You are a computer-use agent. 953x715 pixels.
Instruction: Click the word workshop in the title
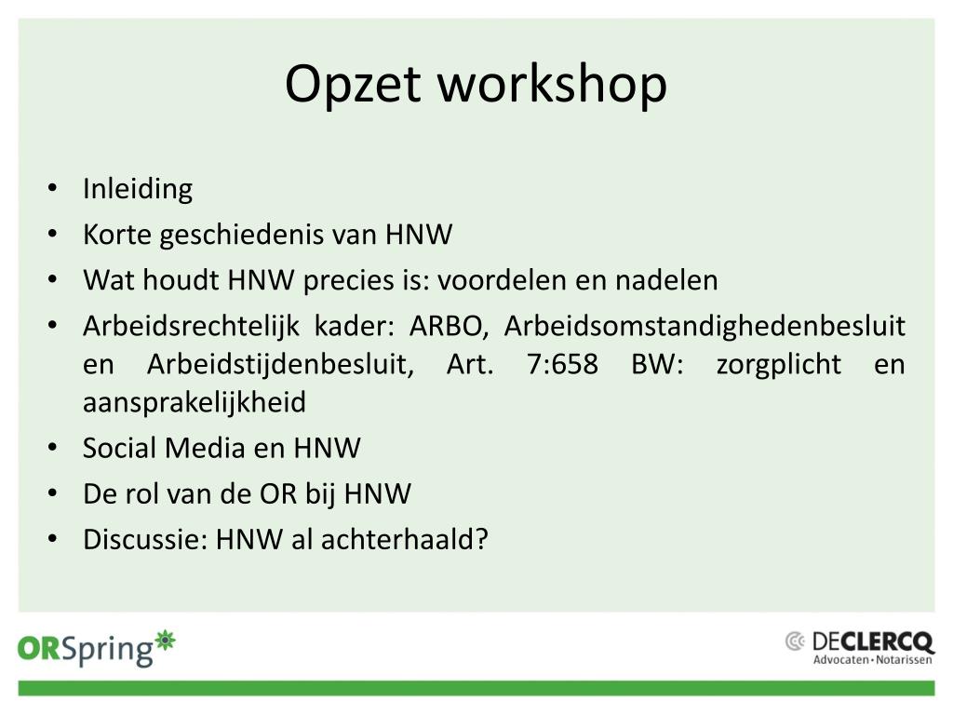553,85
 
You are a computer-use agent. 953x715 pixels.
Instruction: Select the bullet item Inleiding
138,189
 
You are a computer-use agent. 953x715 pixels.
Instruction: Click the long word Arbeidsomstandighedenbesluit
705,326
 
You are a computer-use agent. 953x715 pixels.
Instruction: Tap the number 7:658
562,364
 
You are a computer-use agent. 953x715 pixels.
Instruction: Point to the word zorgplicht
779,364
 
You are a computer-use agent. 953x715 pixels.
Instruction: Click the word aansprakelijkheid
195,402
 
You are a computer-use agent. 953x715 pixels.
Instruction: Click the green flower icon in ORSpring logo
165,641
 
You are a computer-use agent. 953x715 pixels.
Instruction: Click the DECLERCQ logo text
873,641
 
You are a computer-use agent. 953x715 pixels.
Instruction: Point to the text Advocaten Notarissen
872,660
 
